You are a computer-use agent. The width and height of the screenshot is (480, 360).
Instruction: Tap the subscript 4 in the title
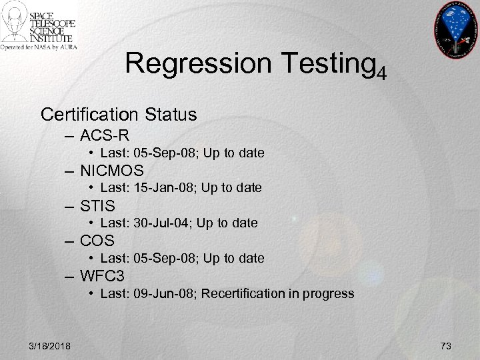tap(381, 71)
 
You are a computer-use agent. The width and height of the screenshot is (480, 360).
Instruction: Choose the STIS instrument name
tap(97, 205)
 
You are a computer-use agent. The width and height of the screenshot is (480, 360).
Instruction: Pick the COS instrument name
tap(97, 240)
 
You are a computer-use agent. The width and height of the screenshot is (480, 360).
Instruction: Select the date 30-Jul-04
tap(157, 223)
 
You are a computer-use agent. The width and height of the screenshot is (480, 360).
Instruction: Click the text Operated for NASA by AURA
tap(39, 48)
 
